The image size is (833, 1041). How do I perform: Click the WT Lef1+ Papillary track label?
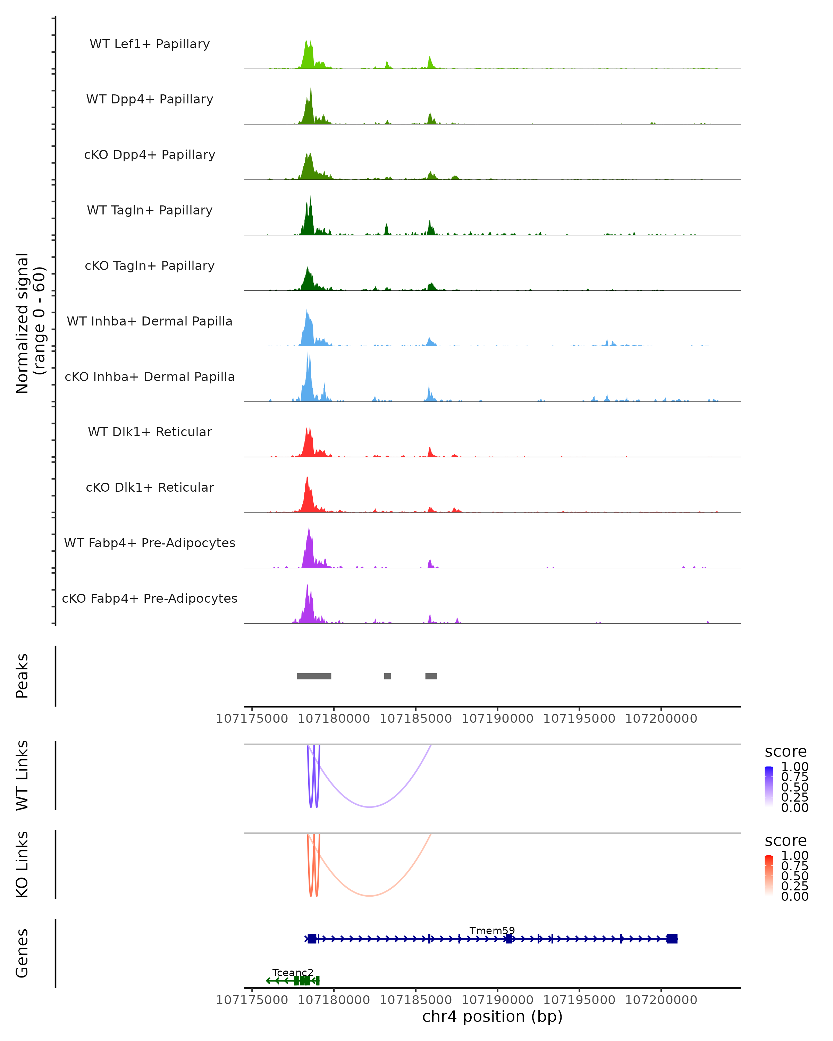pyautogui.click(x=150, y=44)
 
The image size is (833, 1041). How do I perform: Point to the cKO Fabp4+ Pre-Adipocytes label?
pyautogui.click(x=150, y=598)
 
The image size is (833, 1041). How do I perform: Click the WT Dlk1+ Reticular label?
pyautogui.click(x=150, y=432)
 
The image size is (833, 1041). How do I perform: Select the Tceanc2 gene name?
pyautogui.click(x=293, y=972)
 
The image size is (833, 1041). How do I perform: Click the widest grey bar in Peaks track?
pyautogui.click(x=314, y=676)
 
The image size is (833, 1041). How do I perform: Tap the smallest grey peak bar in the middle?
pyautogui.click(x=387, y=676)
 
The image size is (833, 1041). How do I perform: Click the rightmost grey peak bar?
pyautogui.click(x=431, y=676)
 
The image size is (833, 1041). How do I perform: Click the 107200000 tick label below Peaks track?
pyautogui.click(x=661, y=719)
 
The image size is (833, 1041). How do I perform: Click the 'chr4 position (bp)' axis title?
pyautogui.click(x=492, y=1017)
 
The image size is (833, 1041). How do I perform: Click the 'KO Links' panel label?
pyautogui.click(x=22, y=864)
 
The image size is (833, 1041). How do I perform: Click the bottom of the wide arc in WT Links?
pyautogui.click(x=369, y=807)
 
